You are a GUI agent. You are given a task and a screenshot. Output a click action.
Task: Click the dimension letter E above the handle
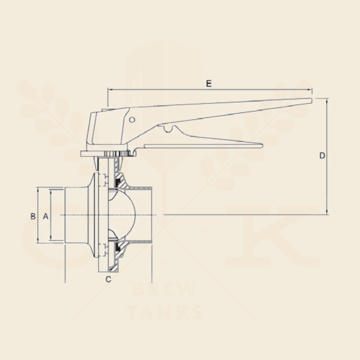(x=208, y=84)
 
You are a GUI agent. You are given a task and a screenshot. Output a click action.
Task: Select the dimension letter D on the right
(x=322, y=156)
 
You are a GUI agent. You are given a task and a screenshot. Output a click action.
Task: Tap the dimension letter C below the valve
(x=108, y=279)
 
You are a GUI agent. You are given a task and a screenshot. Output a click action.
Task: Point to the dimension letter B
(x=33, y=216)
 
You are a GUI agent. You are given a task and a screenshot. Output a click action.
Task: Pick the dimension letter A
(x=45, y=216)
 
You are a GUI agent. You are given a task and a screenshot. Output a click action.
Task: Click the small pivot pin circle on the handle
(x=131, y=120)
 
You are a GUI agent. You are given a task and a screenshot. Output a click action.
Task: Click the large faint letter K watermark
(x=270, y=234)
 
